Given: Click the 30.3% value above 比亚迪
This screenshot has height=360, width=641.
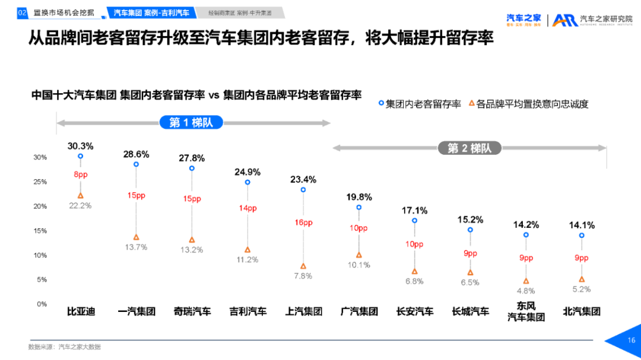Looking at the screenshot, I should (80, 146).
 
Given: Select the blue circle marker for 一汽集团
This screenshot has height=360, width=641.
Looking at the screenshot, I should (136, 164).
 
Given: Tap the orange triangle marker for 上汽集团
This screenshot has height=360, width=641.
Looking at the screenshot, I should (303, 266).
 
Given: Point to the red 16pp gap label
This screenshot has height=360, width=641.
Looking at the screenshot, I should (303, 222).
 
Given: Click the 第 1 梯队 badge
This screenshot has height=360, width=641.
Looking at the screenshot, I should (191, 123).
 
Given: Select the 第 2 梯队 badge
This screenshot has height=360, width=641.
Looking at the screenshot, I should (469, 148).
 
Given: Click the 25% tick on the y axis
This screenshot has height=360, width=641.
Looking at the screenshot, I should (40, 181).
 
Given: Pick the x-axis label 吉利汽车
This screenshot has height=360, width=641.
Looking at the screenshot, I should (247, 311).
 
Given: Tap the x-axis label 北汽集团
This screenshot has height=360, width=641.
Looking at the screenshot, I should (582, 311).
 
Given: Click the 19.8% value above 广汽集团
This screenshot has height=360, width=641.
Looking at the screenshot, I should (359, 197).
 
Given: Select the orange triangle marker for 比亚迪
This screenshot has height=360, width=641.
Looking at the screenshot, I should (80, 195).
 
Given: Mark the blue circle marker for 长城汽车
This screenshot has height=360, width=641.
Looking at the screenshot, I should (470, 230).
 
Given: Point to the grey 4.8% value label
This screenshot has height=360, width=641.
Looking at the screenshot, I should (525, 291).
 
